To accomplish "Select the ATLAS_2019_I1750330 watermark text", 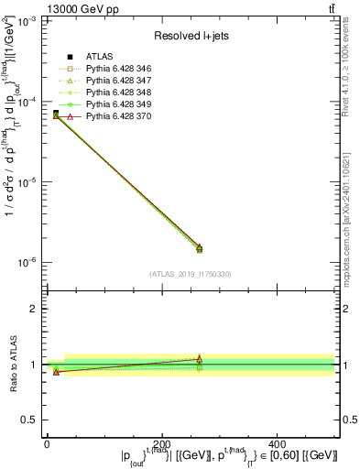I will (x=191, y=274).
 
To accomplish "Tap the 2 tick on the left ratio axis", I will (x=34, y=309).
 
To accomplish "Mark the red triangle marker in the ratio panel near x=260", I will (x=200, y=358).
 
